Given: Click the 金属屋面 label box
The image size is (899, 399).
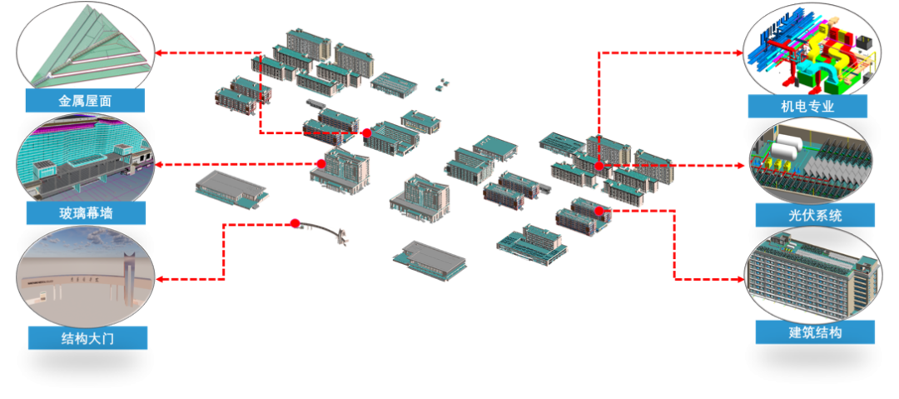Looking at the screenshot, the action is pos(85,101).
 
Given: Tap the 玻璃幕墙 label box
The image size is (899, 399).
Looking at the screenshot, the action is pos(86,213).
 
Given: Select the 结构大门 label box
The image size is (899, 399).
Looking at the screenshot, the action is pos(87,337).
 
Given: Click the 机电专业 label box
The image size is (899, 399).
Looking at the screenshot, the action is pos(807,107).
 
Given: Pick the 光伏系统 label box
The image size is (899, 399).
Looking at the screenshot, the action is pos(815,215).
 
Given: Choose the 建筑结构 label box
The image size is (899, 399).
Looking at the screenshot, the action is pos(815,332).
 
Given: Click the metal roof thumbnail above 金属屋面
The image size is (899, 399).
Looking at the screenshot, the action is pos(86,46).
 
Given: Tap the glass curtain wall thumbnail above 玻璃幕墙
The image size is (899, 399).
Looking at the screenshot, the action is pos(86,158).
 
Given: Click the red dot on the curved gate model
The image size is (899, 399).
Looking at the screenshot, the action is pos(295,223).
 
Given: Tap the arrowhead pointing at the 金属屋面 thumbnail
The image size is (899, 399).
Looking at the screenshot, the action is pos(160,52).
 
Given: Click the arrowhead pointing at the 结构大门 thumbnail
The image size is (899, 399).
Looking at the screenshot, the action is pos(161,280).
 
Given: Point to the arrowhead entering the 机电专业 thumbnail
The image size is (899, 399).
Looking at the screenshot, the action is pos(739,52).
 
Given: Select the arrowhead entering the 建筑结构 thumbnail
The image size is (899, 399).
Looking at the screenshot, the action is pos(740,280).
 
